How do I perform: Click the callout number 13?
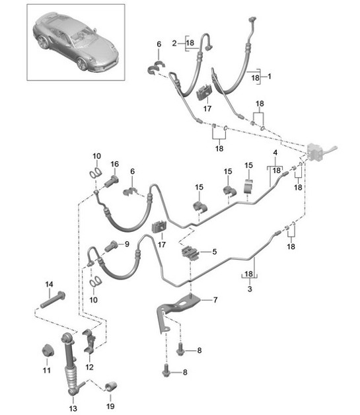click(73, 408)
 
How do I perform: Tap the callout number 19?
click(110, 406)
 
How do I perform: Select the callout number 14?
click(49, 285)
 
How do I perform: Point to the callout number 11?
click(46, 370)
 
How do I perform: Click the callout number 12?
click(89, 367)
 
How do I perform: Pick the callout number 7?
click(215, 300)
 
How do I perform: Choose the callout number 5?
click(214, 251)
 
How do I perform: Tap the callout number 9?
click(127, 244)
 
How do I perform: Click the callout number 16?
click(114, 164)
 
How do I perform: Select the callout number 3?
click(250, 289)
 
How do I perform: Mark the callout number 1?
click(270, 77)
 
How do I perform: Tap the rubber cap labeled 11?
click(48, 351)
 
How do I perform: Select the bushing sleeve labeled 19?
click(112, 387)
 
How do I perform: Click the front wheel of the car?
click(83, 64)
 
